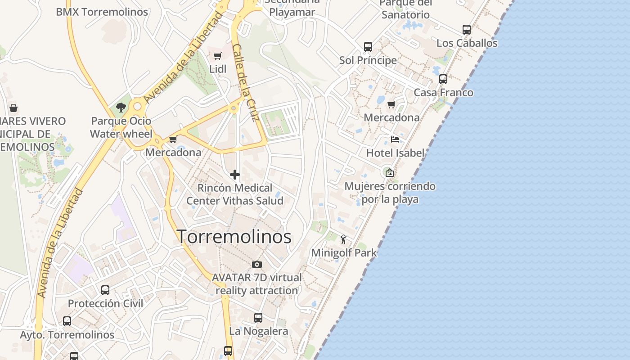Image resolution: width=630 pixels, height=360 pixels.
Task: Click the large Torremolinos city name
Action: pyautogui.click(x=234, y=237)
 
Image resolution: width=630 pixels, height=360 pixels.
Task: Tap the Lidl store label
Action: pyautogui.click(x=218, y=69)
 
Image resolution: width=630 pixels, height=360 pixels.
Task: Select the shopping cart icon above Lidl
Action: pyautogui.click(x=217, y=56)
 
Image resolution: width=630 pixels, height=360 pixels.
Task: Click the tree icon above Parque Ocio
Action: pyautogui.click(x=121, y=108)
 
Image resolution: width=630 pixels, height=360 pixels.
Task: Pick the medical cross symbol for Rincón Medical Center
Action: pyautogui.click(x=234, y=175)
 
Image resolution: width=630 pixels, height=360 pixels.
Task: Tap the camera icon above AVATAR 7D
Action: pyautogui.click(x=256, y=264)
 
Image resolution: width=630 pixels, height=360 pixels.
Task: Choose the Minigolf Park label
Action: pyautogui.click(x=344, y=253)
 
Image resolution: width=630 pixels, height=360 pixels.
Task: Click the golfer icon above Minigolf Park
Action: pyautogui.click(x=344, y=239)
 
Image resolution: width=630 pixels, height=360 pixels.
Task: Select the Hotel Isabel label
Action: pyautogui.click(x=395, y=153)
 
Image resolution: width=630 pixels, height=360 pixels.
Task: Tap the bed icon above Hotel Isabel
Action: pyautogui.click(x=395, y=139)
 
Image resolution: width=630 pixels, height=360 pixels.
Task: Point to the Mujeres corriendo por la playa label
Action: pyautogui.click(x=390, y=193)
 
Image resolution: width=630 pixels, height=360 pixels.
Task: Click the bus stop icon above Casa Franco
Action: pyautogui.click(x=443, y=79)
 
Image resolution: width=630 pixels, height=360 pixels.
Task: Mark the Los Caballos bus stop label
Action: pyautogui.click(x=467, y=43)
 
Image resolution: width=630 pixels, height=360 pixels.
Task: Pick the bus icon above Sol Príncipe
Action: pyautogui.click(x=368, y=47)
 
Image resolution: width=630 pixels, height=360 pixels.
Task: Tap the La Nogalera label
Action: pyautogui.click(x=258, y=331)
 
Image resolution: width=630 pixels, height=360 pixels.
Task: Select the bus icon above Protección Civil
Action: pyautogui.click(x=105, y=290)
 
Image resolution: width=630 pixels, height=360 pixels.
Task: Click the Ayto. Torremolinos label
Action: pyautogui.click(x=67, y=335)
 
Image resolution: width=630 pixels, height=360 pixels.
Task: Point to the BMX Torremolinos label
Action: pyautogui.click(x=102, y=12)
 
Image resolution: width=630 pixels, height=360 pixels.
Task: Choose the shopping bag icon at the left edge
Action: pyautogui.click(x=13, y=108)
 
